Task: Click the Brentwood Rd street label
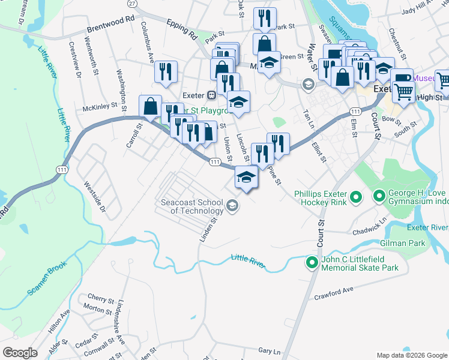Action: click(110, 20)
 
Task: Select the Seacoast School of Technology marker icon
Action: click(232, 207)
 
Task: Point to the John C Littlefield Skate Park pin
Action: click(312, 263)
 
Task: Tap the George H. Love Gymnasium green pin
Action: click(379, 196)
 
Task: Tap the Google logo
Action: click(20, 353)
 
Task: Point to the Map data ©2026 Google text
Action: click(411, 355)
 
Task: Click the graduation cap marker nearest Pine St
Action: click(246, 178)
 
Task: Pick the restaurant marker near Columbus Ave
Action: click(166, 72)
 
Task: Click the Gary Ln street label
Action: click(269, 350)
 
